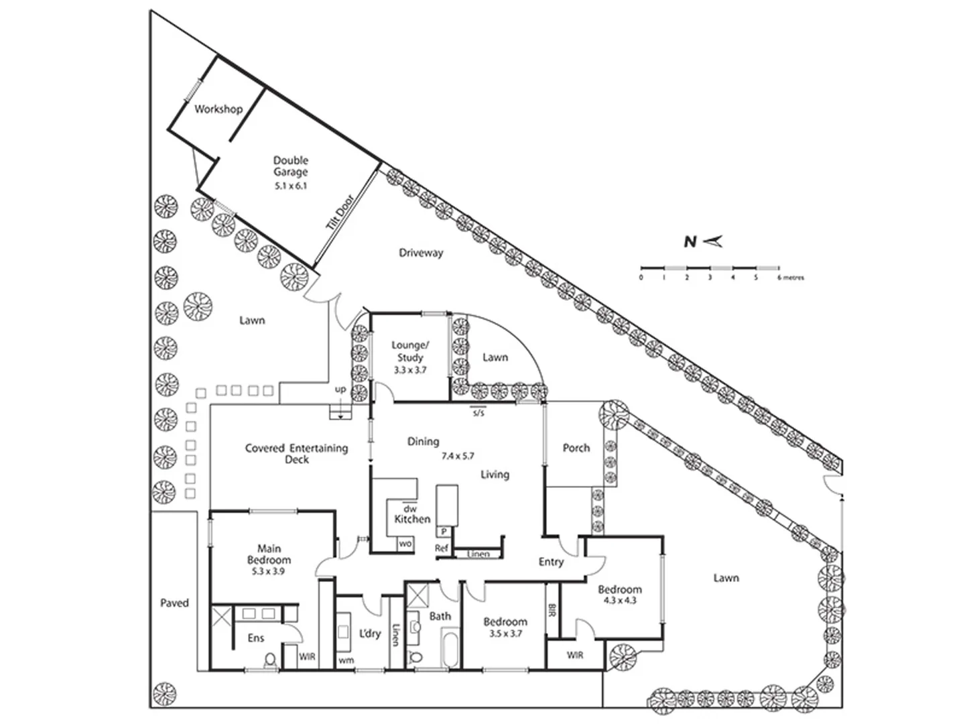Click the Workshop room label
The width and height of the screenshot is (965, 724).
pyautogui.click(x=218, y=109)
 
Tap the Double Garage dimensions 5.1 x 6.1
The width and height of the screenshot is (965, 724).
pyautogui.click(x=290, y=186)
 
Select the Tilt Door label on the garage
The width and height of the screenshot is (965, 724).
pyautogui.click(x=339, y=213)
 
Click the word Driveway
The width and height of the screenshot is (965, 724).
pyautogui.click(x=421, y=253)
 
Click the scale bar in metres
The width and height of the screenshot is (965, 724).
pyautogui.click(x=710, y=268)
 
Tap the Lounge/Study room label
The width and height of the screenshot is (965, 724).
pyautogui.click(x=409, y=351)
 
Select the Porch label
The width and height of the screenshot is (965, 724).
pyautogui.click(x=576, y=448)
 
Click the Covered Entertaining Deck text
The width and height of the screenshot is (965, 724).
pyautogui.click(x=296, y=453)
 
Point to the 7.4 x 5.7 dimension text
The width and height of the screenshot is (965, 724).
pyautogui.click(x=457, y=456)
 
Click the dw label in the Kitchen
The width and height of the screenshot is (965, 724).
pyautogui.click(x=409, y=509)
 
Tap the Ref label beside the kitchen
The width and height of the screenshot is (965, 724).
pyautogui.click(x=441, y=548)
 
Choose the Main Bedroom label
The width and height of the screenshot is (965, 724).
pyautogui.click(x=269, y=554)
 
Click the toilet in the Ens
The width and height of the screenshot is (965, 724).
pyautogui.click(x=271, y=660)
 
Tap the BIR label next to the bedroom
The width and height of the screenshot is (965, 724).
pyautogui.click(x=552, y=610)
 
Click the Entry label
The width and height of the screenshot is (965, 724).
pyautogui.click(x=551, y=562)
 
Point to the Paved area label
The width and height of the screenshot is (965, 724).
pyautogui.click(x=174, y=603)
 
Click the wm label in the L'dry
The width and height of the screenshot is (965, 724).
pyautogui.click(x=346, y=660)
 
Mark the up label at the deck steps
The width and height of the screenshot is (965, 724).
pyautogui.click(x=340, y=389)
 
